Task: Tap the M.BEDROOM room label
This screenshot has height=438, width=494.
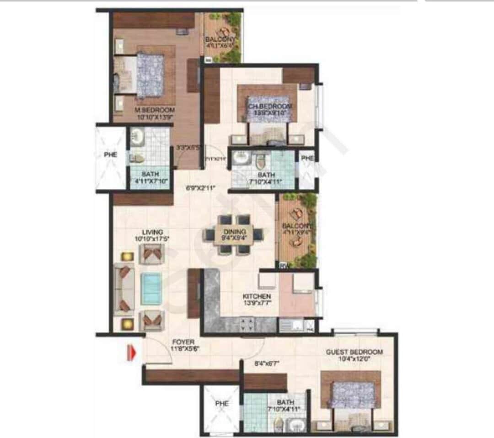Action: click(154, 110)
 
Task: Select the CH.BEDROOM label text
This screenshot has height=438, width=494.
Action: click(269, 107)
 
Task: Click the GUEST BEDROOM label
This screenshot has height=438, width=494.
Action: click(354, 352)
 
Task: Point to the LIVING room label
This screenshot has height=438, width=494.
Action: click(152, 232)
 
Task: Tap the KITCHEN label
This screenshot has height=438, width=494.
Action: click(257, 297)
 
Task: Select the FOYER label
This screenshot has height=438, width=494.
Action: click(183, 342)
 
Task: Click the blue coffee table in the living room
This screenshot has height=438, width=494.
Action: click(150, 288)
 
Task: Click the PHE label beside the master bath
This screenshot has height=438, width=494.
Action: click(110, 155)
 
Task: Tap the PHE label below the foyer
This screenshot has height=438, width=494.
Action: click(221, 404)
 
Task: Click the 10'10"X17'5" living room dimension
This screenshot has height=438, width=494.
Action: click(152, 239)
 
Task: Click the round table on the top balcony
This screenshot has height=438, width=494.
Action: click(224, 32)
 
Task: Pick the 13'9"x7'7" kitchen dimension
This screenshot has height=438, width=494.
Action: click(260, 303)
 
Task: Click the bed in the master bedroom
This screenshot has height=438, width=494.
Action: click(150, 75)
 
